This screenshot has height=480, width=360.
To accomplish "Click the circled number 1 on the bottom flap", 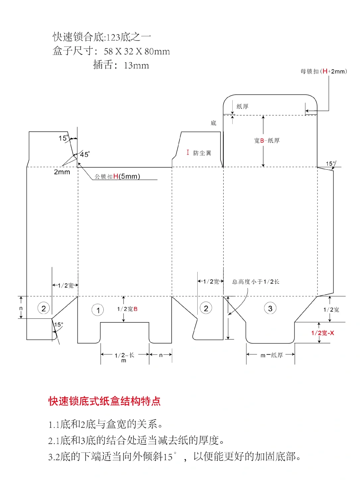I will click(x=98, y=310).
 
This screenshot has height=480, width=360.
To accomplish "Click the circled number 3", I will click(x=270, y=308).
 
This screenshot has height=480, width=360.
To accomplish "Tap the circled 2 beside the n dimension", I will click(x=44, y=308).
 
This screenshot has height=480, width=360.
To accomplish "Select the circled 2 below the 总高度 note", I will click(x=206, y=308).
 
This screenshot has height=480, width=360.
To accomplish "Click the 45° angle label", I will click(x=85, y=154).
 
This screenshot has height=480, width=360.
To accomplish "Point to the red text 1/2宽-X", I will click(x=322, y=333).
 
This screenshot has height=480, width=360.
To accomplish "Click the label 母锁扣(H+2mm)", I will click(x=323, y=71).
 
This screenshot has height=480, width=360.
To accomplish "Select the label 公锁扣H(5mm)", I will click(x=117, y=176).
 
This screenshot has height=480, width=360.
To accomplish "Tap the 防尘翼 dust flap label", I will click(x=202, y=153).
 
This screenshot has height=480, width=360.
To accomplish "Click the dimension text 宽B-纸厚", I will click(x=267, y=141).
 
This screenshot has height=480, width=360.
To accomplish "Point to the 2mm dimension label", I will click(x=62, y=172).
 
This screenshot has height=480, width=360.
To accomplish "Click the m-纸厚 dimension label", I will click(x=271, y=355).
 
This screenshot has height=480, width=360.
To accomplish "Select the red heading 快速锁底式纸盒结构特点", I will click(x=104, y=401).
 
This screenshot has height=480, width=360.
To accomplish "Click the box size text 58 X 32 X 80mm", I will click(x=137, y=51).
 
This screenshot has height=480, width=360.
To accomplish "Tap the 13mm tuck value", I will click(x=136, y=66).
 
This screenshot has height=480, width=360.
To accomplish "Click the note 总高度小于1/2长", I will click(x=255, y=282).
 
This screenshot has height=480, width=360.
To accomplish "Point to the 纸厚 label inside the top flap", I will click(x=242, y=106).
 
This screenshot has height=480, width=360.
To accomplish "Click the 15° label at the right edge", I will click(x=330, y=164).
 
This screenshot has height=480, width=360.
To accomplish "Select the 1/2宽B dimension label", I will click(x=127, y=309).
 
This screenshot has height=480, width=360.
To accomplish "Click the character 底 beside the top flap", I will click(x=213, y=123).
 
